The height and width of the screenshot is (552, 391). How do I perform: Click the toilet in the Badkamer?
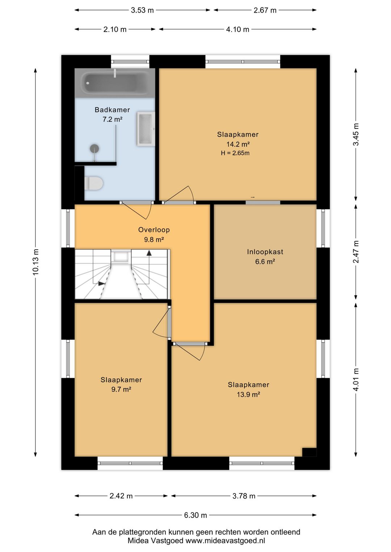pos(93,183)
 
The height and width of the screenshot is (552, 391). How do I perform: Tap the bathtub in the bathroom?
pos(115,83)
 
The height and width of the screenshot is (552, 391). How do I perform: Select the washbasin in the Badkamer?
pos(146,129)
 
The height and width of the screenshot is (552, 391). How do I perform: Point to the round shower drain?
pos(94,148)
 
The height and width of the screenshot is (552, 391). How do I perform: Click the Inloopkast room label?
pos(265,252)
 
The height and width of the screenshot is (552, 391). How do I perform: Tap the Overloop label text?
pos(154,230)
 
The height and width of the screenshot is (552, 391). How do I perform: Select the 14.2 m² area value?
pos(238,144)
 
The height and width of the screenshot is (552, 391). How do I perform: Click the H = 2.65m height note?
pos(235,153)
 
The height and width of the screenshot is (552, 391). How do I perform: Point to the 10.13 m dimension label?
pos(35,262)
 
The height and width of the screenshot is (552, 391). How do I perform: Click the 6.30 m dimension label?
pos(195,515)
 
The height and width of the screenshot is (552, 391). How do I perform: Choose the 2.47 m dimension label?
pos(356,252)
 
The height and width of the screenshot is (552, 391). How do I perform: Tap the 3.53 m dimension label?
pos(142,10)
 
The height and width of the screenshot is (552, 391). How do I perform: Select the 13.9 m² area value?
pos(248,395)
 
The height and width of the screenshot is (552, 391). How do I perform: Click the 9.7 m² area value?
pos(121,389)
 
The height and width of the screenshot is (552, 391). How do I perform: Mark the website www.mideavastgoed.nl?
pos(225,541)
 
